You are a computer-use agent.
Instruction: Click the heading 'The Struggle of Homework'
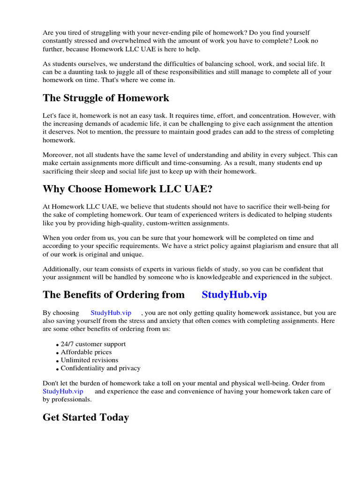pos(106,98)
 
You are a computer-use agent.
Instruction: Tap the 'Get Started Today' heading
pos(86,417)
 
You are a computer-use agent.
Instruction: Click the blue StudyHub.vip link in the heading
pos(234,294)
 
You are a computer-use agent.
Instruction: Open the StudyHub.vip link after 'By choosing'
pos(111,313)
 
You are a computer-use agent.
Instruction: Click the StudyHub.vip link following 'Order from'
pos(63,391)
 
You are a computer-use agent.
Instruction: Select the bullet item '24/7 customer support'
pos(93,344)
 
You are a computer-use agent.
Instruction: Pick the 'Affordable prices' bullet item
pos(86,352)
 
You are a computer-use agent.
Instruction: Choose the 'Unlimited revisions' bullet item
pos(90,360)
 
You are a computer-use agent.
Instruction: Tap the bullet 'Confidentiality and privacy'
pos(101,368)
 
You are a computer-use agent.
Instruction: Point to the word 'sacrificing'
pos(60,172)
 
